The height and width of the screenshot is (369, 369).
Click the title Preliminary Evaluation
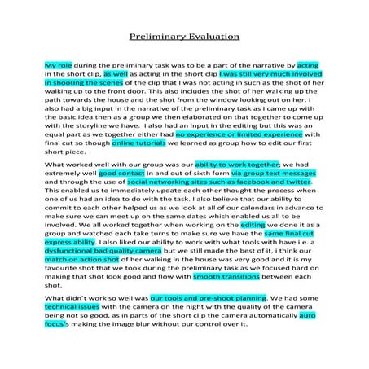point(184,36)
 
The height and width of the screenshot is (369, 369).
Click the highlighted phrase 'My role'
point(59,64)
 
